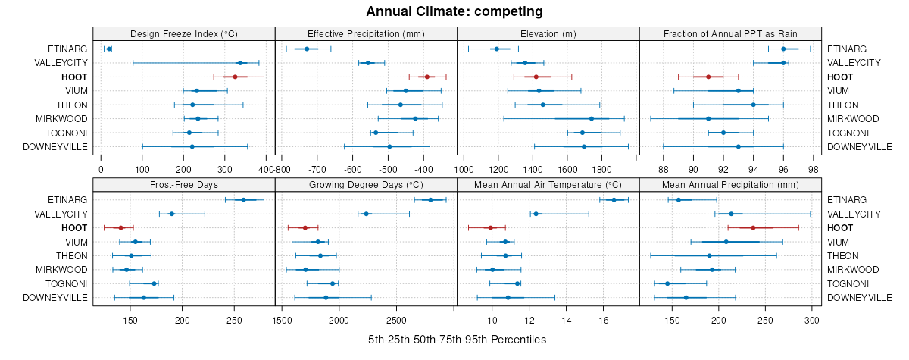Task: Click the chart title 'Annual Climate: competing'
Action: point(454,11)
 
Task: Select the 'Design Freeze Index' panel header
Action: point(184,33)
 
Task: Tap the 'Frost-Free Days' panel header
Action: point(184,184)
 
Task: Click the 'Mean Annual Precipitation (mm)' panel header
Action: point(730,184)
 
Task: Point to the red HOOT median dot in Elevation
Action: point(536,77)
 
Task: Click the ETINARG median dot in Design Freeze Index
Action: point(109,49)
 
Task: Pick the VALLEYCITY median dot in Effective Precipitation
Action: point(368,63)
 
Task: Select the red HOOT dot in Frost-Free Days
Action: point(120,227)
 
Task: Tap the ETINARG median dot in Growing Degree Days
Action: point(430,200)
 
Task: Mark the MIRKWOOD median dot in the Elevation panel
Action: point(592,118)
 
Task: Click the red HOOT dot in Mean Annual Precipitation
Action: point(753,227)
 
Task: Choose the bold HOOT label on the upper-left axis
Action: point(75,77)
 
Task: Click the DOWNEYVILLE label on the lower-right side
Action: point(858,298)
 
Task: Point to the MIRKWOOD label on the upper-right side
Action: point(853,119)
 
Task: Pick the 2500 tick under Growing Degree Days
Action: point(396,320)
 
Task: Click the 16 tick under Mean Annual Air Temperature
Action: point(604,320)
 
